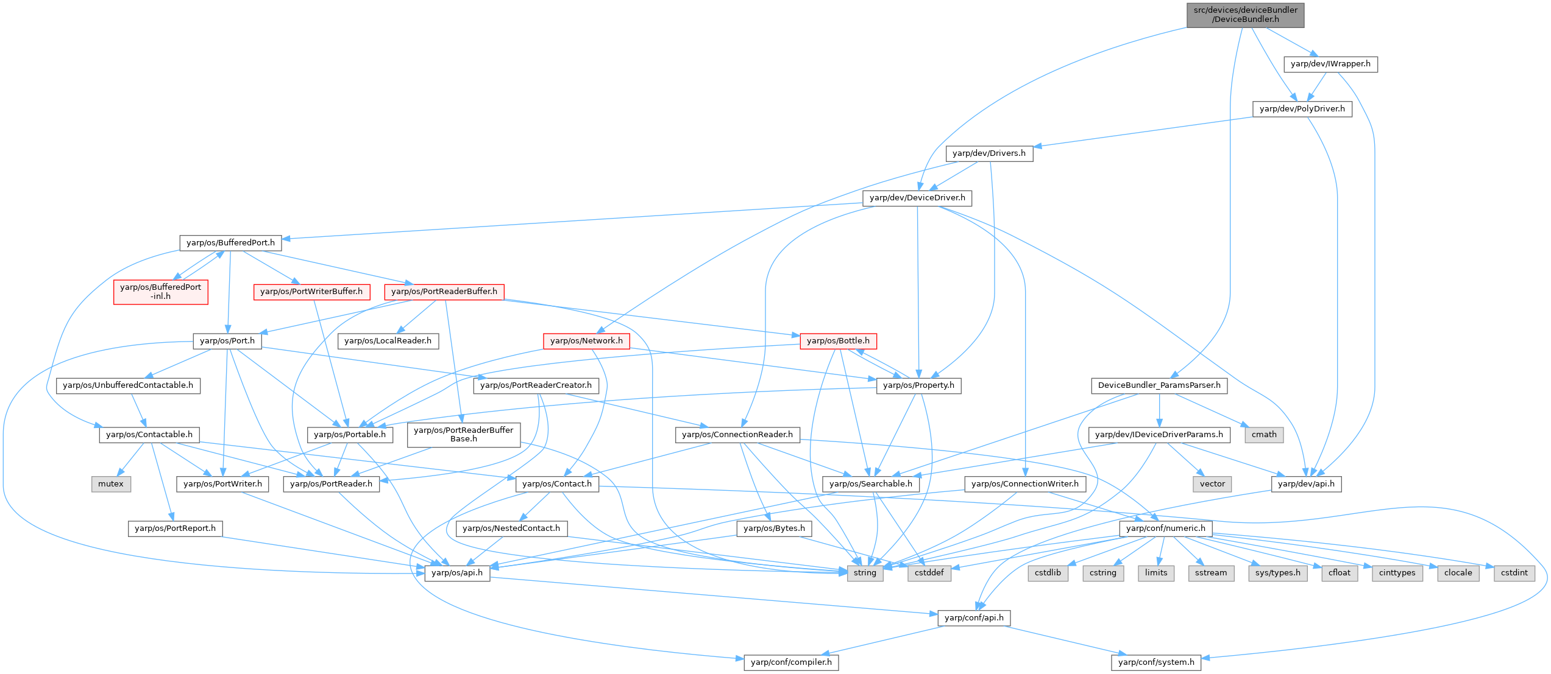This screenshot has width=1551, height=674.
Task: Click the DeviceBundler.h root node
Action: (1245, 15)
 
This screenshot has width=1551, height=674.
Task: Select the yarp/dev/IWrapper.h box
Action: (1330, 64)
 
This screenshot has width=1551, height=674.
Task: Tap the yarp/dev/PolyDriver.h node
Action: (1302, 109)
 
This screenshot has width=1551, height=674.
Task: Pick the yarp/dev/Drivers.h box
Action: (989, 153)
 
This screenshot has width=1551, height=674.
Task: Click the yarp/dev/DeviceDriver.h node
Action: (917, 198)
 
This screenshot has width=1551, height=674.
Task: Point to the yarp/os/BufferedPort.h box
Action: (230, 243)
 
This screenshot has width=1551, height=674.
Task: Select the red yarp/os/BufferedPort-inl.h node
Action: (160, 292)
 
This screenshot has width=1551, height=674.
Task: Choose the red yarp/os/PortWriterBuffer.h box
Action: (311, 292)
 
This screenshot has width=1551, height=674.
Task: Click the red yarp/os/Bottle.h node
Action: (838, 341)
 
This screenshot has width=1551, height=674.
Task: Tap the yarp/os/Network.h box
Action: (586, 341)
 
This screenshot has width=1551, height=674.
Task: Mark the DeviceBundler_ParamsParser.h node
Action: (1159, 385)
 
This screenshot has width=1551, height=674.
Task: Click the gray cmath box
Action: (1264, 435)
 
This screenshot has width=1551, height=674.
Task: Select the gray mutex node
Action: (111, 484)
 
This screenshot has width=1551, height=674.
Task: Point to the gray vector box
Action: (1212, 484)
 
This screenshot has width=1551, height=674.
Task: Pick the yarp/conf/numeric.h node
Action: (1165, 528)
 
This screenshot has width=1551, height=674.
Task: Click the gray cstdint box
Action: (1514, 573)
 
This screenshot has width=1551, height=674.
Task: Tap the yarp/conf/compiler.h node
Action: (791, 662)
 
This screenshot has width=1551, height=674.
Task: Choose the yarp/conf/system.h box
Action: (1156, 662)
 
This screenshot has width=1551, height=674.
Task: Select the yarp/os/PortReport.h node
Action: (175, 528)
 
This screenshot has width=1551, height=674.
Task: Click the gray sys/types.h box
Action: (1278, 573)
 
